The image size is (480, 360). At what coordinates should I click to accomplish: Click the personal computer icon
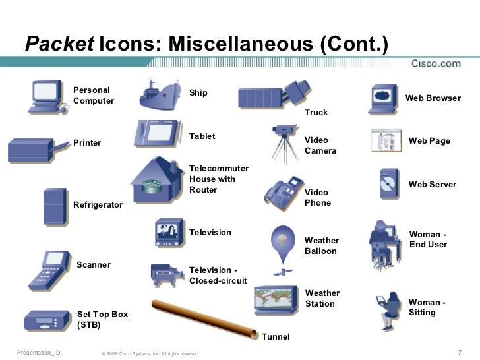[45, 97]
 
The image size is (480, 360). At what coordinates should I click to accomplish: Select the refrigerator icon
[55, 206]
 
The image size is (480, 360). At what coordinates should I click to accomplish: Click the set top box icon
[45, 321]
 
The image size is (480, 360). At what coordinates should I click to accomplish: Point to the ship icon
[160, 96]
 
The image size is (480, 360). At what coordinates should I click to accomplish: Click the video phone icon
[284, 192]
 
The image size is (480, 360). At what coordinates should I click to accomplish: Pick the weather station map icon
[278, 299]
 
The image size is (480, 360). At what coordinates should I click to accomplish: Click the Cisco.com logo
[436, 63]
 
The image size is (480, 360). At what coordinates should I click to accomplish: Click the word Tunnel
[276, 337]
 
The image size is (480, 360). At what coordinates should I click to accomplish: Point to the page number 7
[459, 352]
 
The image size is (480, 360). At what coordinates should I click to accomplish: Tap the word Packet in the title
[59, 44]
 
